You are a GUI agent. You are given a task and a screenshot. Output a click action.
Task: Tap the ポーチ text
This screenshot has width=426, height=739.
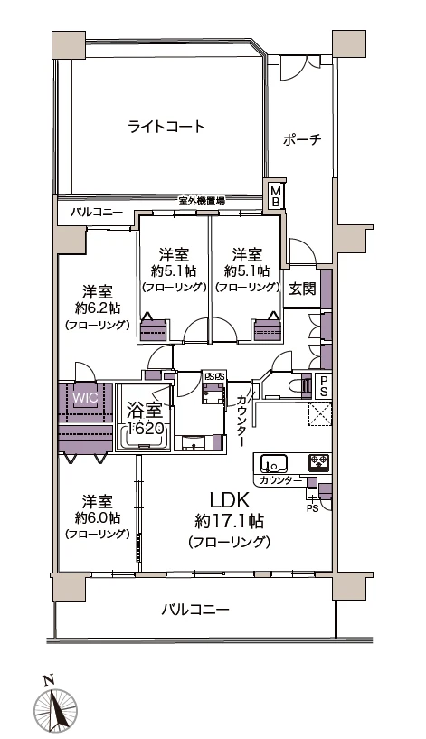click(x=302, y=140)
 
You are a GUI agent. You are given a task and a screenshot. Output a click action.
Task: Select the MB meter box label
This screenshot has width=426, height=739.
click(x=277, y=196)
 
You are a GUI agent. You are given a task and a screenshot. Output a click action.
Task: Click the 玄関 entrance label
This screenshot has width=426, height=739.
click(x=301, y=289)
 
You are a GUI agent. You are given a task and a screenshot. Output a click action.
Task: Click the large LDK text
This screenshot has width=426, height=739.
click(x=230, y=501)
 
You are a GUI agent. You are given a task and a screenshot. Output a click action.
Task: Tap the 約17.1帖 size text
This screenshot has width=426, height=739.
click(x=230, y=522)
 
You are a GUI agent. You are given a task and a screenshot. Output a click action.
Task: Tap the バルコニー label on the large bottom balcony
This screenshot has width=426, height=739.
click(x=194, y=609)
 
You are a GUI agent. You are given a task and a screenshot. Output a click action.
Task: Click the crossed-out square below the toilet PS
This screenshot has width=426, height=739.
click(x=321, y=414)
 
